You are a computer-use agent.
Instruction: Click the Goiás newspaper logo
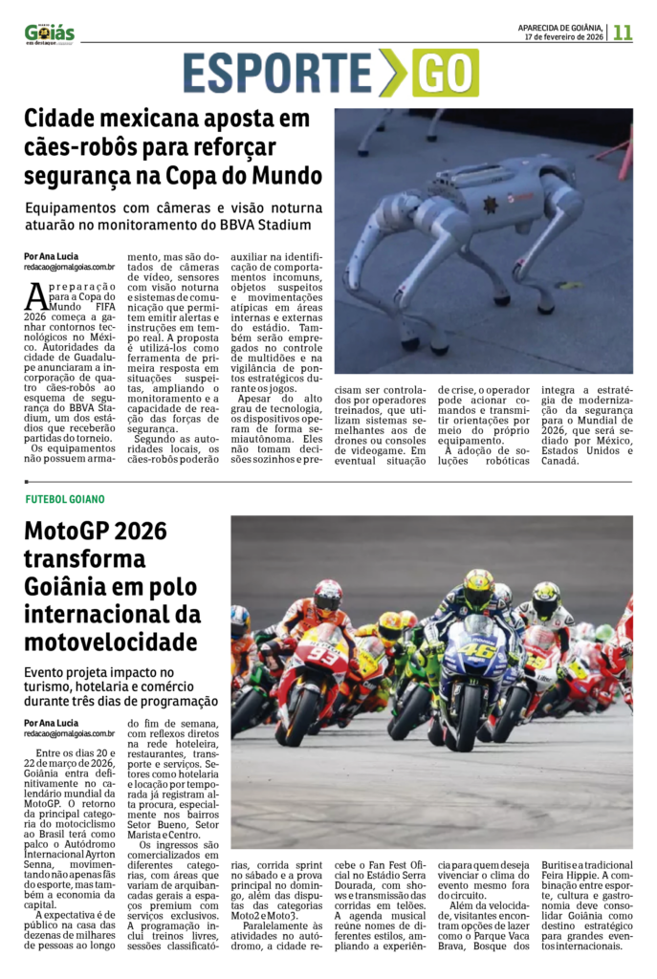pyautogui.click(x=49, y=33)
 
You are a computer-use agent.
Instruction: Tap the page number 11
pyautogui.click(x=623, y=32)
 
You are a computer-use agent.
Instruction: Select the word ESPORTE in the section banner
pyautogui.click(x=277, y=74)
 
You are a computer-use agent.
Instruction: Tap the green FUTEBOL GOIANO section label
pyautogui.click(x=65, y=499)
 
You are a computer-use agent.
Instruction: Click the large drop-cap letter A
pyautogui.click(x=34, y=297)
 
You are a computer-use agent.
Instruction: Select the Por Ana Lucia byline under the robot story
pyautogui.click(x=51, y=256)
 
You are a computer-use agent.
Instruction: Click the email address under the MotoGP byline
pyautogui.click(x=70, y=733)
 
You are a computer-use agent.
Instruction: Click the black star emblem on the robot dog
pyautogui.click(x=490, y=205)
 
